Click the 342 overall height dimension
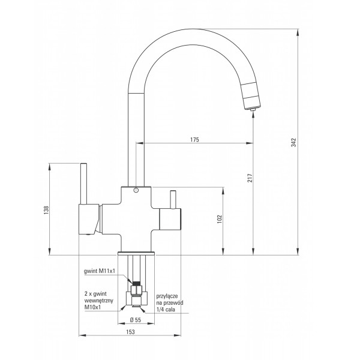[293, 142]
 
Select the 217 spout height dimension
[250, 178]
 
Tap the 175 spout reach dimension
[194, 140]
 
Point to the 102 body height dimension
[220, 219]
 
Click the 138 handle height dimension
[46, 210]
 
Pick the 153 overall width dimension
[130, 332]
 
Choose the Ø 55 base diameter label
[136, 320]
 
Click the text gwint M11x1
[99, 271]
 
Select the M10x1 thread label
[92, 307]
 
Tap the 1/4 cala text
[166, 310]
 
